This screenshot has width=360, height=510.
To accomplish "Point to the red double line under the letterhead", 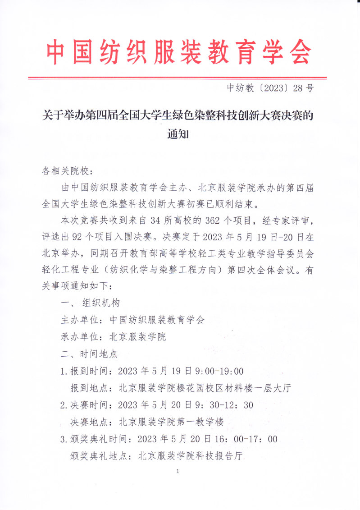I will coord(177,78).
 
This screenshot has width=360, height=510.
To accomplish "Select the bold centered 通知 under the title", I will coord(178,134).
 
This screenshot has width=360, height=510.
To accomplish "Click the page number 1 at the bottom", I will coord(179,472).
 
